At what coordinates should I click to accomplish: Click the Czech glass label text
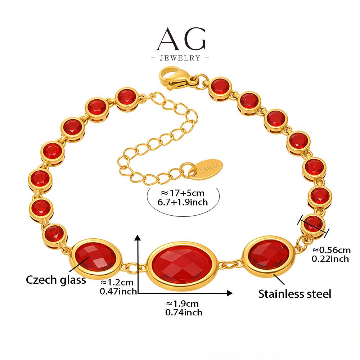pos(56,279)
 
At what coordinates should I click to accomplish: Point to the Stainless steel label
pos(294,294)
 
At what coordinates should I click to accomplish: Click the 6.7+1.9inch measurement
pos(183,202)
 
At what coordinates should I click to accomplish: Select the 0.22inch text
pos(330,258)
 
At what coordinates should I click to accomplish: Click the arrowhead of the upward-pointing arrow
pos(137,238)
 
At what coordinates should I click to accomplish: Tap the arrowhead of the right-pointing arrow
pos(229,293)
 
